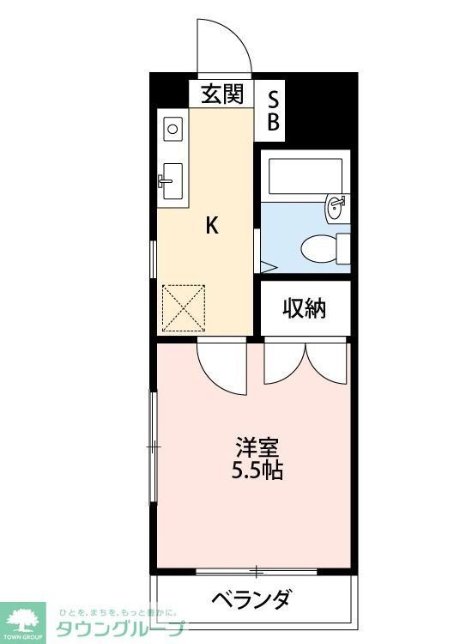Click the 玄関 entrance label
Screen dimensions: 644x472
pyautogui.click(x=222, y=94)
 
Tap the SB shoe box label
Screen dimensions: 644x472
pyautogui.click(x=273, y=111)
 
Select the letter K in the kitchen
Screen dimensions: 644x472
pyautogui.click(x=212, y=226)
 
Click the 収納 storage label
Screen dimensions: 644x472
pyautogui.click(x=305, y=307)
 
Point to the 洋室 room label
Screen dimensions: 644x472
pyautogui.click(x=257, y=447)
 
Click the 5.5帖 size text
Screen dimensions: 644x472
pyautogui.click(x=257, y=470)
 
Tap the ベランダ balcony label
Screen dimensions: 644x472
pyautogui.click(x=251, y=598)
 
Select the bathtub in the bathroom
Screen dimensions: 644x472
pyautogui.click(x=305, y=176)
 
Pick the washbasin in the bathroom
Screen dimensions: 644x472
pyautogui.click(x=336, y=207)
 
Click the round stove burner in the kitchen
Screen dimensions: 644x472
pyautogui.click(x=172, y=130)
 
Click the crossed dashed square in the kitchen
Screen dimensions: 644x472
pyautogui.click(x=184, y=307)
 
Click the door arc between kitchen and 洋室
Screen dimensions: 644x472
pyautogui.click(x=221, y=365)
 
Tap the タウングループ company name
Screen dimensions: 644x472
pyautogui.click(x=120, y=629)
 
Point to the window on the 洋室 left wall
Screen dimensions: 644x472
pyautogui.click(x=154, y=447)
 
